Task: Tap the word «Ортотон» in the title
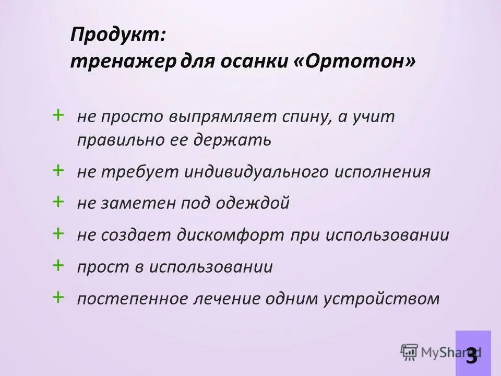click(361, 62)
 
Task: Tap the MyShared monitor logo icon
click(410, 352)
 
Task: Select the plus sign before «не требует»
click(58, 170)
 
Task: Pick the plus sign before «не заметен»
click(58, 202)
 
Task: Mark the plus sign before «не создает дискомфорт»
click(58, 233)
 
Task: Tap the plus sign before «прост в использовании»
click(58, 265)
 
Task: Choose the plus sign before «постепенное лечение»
click(58, 297)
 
